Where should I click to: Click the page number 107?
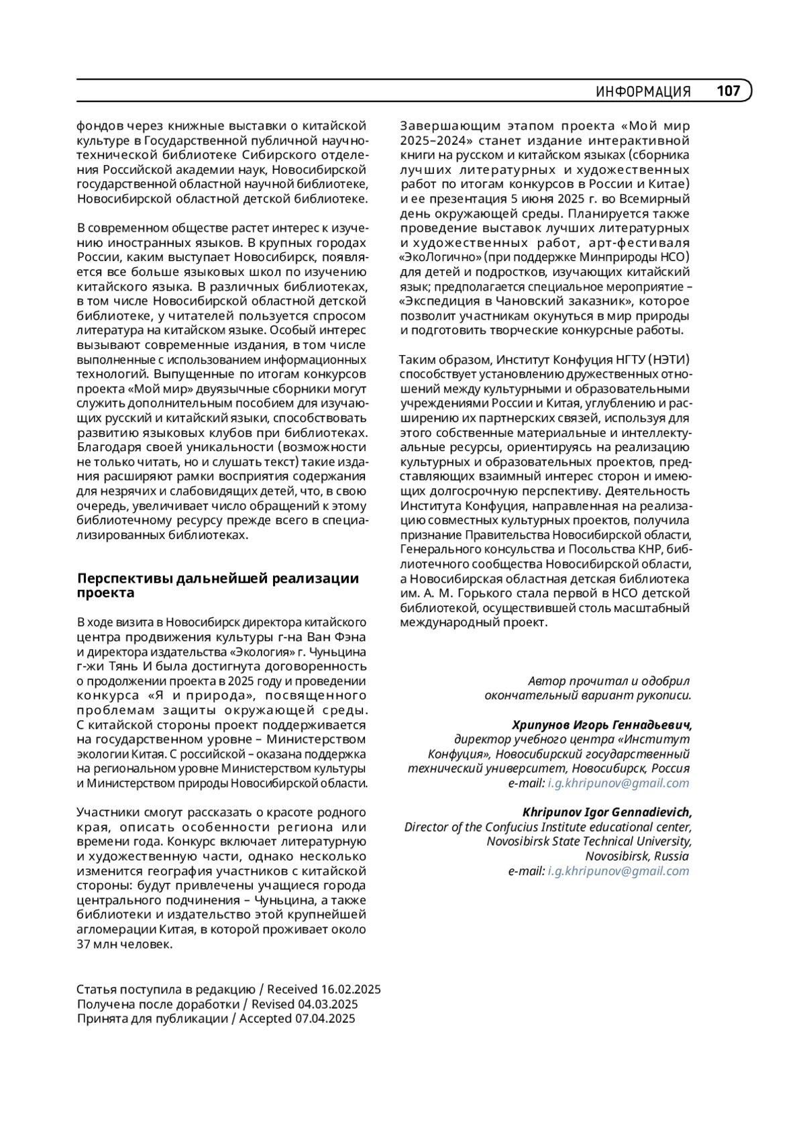point(729,91)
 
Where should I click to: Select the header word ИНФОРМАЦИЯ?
point(643,92)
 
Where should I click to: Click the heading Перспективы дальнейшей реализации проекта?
point(218,585)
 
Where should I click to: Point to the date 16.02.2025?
point(351,989)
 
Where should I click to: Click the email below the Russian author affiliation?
point(618,783)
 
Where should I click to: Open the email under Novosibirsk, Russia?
point(618,871)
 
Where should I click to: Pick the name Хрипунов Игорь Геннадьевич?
point(601,725)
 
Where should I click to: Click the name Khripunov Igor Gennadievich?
point(606,813)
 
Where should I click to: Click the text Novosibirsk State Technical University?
point(588,842)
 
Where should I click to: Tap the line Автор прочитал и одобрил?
point(608,681)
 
